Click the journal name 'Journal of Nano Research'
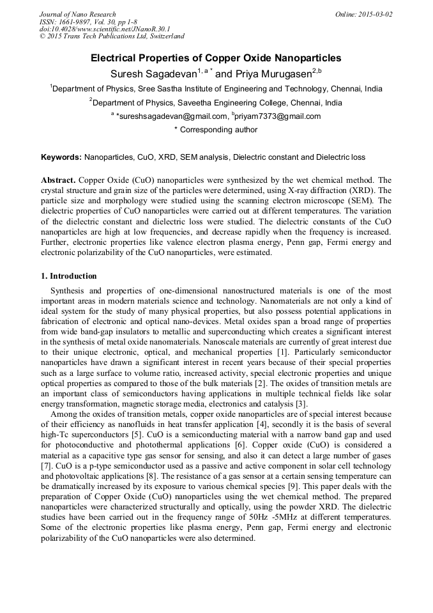coord(78,14)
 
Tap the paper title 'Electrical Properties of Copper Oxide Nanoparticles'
coord(216,58)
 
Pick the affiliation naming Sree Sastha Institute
coord(216,89)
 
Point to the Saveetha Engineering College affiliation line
coord(216,102)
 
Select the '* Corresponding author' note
coord(216,130)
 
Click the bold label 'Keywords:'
coord(61,157)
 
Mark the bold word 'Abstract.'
coord(59,181)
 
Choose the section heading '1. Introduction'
coord(69,276)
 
